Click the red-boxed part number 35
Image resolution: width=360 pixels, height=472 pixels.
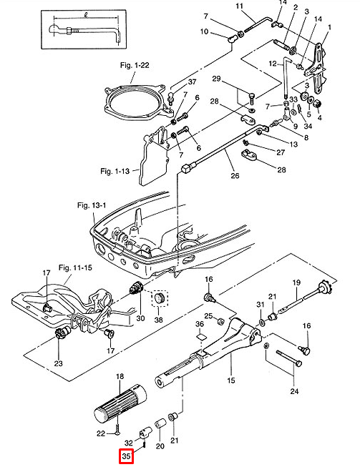click(x=126, y=457)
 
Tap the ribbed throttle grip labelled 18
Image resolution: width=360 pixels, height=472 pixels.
click(x=120, y=402)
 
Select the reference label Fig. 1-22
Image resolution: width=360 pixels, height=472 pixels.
click(x=135, y=65)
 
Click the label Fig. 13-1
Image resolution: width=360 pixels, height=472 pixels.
click(x=92, y=205)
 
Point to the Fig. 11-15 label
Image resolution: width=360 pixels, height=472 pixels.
click(x=75, y=267)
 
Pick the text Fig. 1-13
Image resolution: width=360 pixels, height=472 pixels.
click(x=115, y=172)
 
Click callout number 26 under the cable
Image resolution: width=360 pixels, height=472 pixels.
click(x=235, y=175)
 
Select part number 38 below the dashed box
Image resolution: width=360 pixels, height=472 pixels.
click(x=158, y=319)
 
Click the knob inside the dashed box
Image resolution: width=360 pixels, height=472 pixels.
click(x=159, y=298)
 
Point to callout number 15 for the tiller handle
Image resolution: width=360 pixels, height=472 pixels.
click(x=231, y=380)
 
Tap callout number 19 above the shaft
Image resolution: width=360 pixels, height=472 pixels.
click(x=296, y=282)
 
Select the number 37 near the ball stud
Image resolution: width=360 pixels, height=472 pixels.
click(x=192, y=82)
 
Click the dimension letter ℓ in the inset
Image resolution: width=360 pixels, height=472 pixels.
click(x=86, y=16)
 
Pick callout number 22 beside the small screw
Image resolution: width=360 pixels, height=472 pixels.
click(x=101, y=433)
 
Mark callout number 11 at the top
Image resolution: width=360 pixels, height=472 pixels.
click(x=239, y=6)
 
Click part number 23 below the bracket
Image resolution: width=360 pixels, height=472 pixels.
click(x=58, y=363)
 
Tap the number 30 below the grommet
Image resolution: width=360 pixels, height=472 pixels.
click(x=140, y=318)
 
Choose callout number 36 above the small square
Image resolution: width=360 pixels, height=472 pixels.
click(x=200, y=324)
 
